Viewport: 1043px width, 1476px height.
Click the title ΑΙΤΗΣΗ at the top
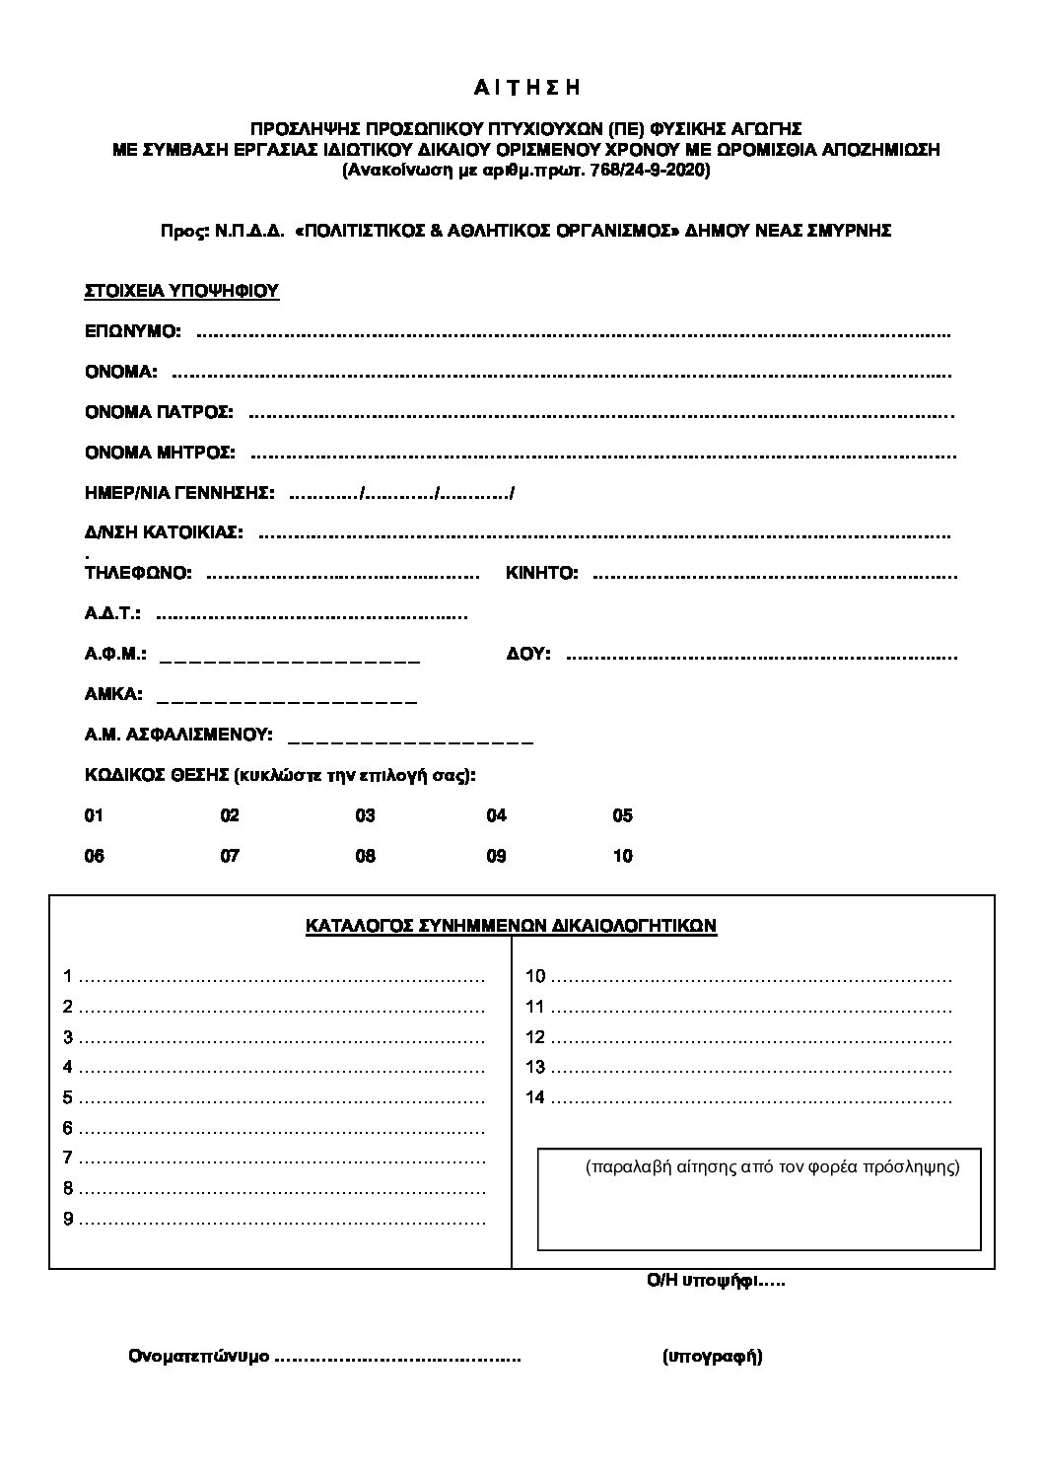(526, 89)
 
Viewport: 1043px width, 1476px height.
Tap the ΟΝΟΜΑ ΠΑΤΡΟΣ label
(159, 412)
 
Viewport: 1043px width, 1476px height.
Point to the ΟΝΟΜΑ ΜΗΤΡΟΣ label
(160, 453)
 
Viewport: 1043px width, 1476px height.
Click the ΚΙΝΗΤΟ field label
(542, 573)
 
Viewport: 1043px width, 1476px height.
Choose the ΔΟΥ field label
(528, 654)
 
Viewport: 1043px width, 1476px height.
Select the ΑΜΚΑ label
(113, 694)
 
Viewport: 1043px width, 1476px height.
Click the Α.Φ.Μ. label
(116, 654)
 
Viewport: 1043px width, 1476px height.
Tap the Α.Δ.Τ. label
(113, 613)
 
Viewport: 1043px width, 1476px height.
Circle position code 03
(366, 816)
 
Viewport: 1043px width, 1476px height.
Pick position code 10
(623, 856)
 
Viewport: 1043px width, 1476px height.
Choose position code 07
(230, 856)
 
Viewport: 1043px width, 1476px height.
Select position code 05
(623, 816)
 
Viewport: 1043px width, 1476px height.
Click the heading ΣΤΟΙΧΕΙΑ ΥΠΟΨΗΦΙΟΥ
(182, 292)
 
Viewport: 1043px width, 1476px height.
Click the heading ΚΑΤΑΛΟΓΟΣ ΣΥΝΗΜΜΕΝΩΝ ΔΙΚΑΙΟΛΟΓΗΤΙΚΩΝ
(512, 926)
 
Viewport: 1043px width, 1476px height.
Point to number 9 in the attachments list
(69, 1219)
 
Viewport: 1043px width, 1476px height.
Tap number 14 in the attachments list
(535, 1097)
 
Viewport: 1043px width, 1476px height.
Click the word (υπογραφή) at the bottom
(713, 1357)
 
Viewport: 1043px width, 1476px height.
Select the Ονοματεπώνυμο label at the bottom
(198, 1357)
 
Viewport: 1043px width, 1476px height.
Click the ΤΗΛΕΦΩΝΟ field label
(139, 573)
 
